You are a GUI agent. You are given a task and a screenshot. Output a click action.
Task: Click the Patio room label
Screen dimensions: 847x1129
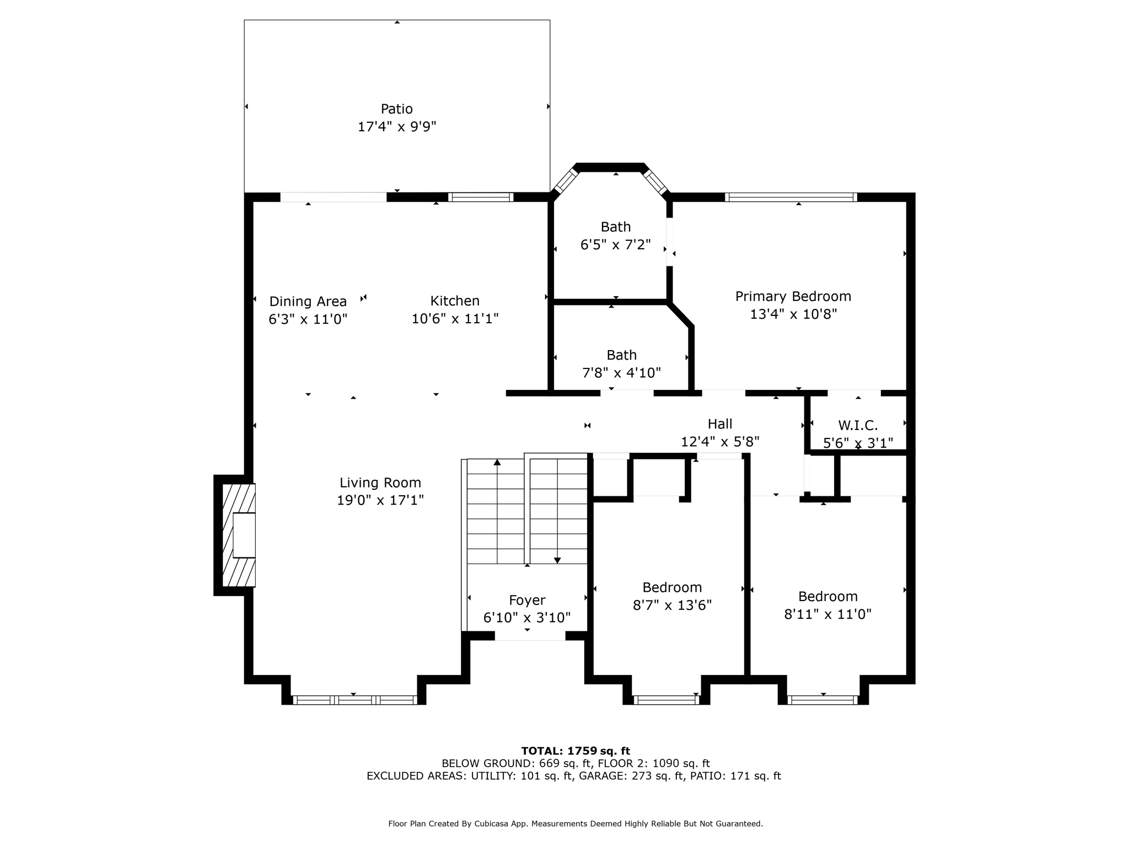click(x=396, y=109)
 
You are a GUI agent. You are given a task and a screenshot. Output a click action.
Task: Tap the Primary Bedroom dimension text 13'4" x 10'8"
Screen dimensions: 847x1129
click(x=793, y=314)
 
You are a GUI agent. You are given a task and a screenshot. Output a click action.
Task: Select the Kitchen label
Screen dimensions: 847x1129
click(x=455, y=301)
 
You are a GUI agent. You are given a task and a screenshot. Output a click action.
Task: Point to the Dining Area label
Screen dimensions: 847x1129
click(x=308, y=302)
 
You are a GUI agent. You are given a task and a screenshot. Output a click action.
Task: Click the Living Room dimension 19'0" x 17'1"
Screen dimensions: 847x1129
click(x=380, y=500)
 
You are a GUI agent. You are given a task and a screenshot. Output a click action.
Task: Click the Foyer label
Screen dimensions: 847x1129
click(x=527, y=600)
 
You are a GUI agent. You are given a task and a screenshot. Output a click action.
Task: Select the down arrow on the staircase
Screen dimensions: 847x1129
click(x=557, y=560)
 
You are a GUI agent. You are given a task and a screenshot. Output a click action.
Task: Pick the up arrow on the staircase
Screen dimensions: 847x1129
click(x=497, y=462)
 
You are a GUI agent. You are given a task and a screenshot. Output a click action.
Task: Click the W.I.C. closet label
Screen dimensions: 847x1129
click(x=858, y=425)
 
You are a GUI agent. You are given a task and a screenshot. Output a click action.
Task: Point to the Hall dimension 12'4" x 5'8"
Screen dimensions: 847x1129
click(x=720, y=442)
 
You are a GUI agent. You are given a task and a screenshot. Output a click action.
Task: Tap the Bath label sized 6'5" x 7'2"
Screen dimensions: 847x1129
click(x=616, y=227)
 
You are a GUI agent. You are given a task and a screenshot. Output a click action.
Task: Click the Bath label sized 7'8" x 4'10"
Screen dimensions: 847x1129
click(x=621, y=355)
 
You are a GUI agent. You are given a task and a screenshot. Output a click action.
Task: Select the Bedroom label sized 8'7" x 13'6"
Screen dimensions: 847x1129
click(x=672, y=587)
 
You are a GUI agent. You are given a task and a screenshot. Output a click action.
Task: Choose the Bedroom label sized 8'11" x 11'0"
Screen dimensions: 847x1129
click(x=827, y=596)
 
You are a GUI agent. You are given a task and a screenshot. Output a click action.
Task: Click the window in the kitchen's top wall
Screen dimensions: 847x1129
click(x=480, y=197)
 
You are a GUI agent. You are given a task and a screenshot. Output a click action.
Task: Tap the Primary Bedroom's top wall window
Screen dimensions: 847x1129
click(x=791, y=197)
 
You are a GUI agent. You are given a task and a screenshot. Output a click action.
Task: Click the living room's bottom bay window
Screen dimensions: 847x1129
click(x=354, y=700)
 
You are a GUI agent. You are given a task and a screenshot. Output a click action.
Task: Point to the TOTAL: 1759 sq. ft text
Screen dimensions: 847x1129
click(x=576, y=750)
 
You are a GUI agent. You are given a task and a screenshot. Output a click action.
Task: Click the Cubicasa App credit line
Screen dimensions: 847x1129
click(x=576, y=823)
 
